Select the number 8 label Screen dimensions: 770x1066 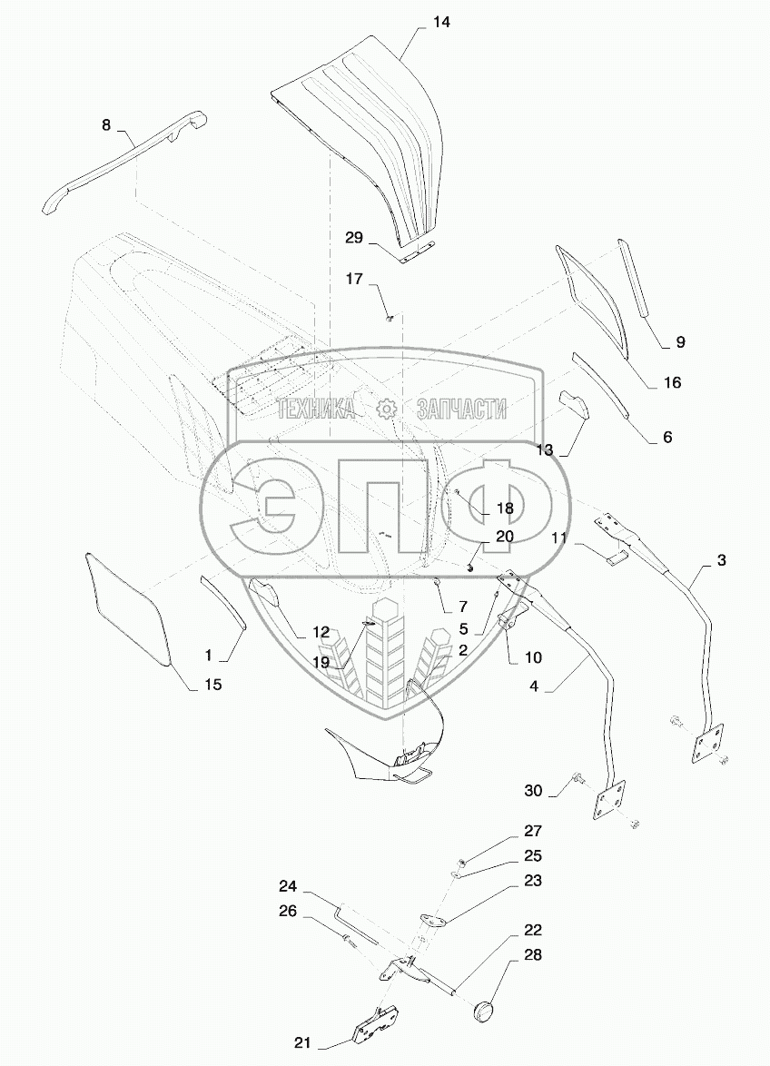[106, 125]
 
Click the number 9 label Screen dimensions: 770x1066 [680, 342]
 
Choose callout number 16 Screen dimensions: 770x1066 [672, 382]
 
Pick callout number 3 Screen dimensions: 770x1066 [721, 560]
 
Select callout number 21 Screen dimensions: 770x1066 [302, 1043]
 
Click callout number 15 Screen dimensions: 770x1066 [212, 684]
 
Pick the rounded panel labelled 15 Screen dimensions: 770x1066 [126, 608]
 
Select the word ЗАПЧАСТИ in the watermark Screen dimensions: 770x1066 [460, 410]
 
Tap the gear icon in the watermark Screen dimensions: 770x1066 [388, 410]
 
